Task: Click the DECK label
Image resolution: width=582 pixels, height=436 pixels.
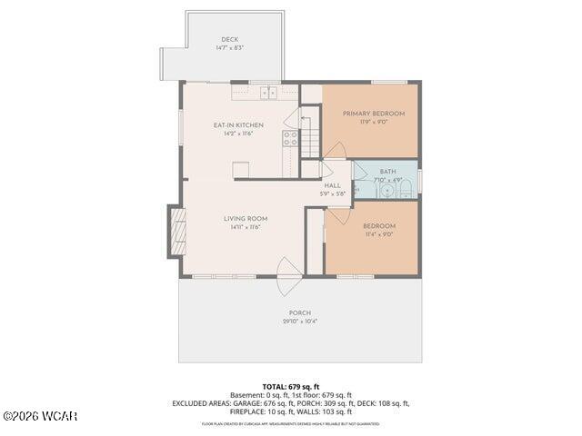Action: coord(229,39)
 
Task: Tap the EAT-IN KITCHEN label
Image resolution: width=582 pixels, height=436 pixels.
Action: coord(238,124)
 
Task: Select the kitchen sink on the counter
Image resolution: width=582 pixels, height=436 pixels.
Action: coord(269,91)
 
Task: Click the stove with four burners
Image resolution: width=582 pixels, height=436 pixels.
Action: coord(290,138)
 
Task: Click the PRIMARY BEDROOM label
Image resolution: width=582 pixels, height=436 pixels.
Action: coord(374,114)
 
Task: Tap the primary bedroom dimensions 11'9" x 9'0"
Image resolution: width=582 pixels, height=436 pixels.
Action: coord(374,123)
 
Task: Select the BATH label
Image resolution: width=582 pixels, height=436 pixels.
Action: coord(388,171)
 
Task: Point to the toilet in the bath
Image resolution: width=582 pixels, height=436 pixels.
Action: coord(406,189)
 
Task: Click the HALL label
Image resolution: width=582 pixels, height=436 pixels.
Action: coord(333,185)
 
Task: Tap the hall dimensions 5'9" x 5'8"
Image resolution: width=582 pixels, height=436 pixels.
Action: coord(333,193)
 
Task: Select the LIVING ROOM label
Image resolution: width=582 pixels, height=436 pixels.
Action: coord(246,218)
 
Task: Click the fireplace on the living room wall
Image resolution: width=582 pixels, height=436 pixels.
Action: coord(177,232)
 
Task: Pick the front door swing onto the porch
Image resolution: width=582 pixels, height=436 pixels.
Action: coord(289,276)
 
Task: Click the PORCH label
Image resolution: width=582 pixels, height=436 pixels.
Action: coord(300,312)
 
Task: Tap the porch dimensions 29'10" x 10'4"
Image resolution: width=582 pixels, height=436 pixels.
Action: coord(300,322)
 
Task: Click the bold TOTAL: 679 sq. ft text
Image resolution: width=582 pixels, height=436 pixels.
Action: coord(291,387)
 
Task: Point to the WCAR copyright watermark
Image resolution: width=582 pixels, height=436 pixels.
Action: coord(40,416)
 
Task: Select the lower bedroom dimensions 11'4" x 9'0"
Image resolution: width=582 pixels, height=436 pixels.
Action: coord(379,234)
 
